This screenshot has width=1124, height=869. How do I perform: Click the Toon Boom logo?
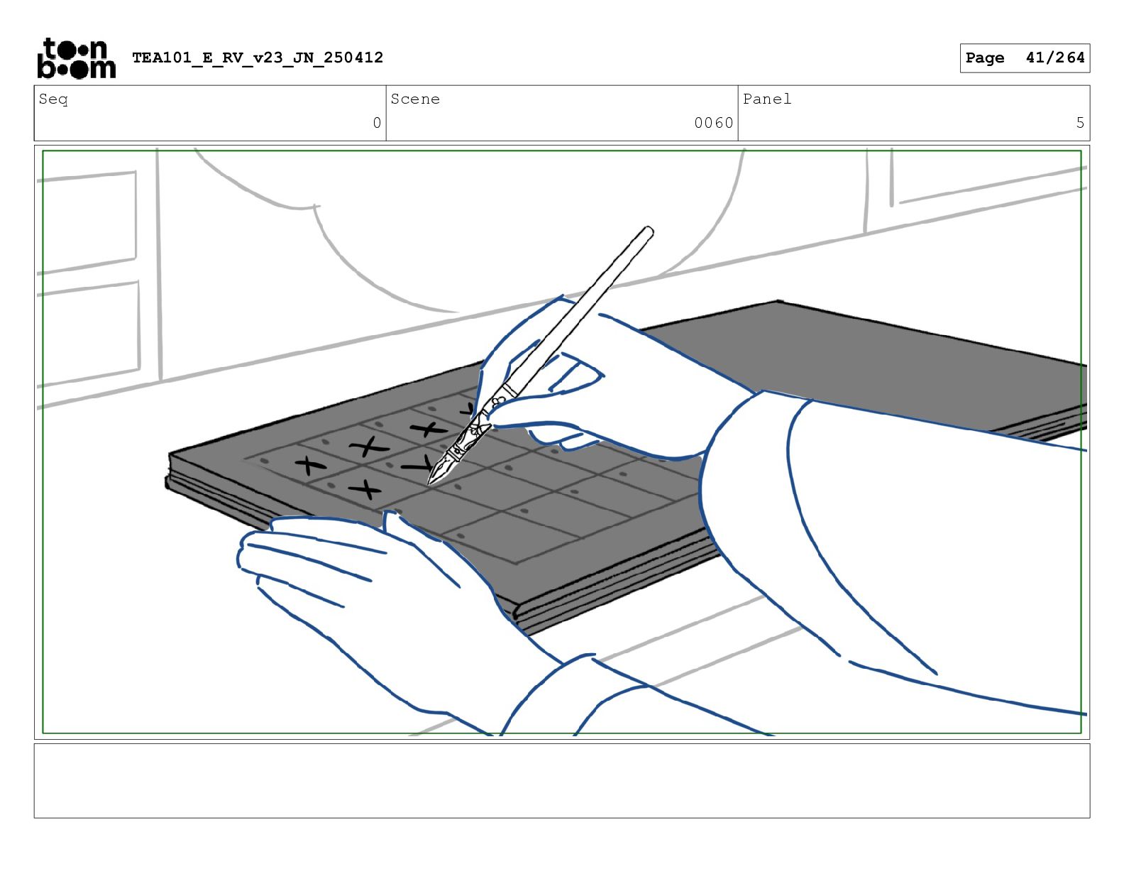pos(77,58)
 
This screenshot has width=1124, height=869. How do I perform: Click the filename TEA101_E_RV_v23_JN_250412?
pos(258,58)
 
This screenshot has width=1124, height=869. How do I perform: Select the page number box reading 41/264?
pos(1025,58)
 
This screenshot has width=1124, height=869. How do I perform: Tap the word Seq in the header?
pos(53,99)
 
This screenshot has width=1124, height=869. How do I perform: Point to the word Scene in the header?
pos(415,99)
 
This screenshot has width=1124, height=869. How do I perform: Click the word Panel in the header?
pos(767,99)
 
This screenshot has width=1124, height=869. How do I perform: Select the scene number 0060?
pos(714,123)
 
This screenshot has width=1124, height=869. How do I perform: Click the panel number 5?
pos(1080,123)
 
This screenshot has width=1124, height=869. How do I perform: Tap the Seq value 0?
pos(377,123)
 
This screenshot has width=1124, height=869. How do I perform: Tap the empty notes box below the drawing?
pos(562,781)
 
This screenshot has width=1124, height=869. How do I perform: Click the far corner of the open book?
pos(778,301)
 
